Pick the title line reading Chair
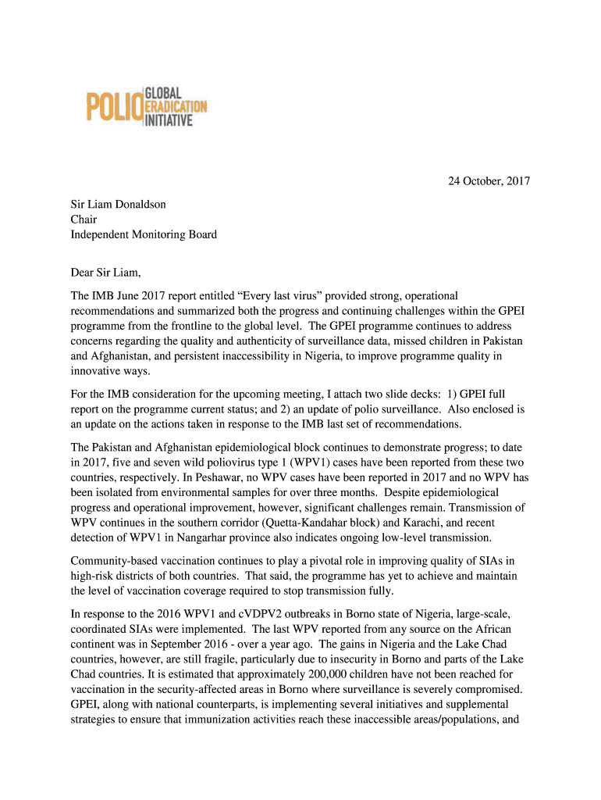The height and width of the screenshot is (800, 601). [x=84, y=220]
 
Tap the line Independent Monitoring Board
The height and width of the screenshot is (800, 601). [x=144, y=234]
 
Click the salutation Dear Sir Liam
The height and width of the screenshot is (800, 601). [x=108, y=273]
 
